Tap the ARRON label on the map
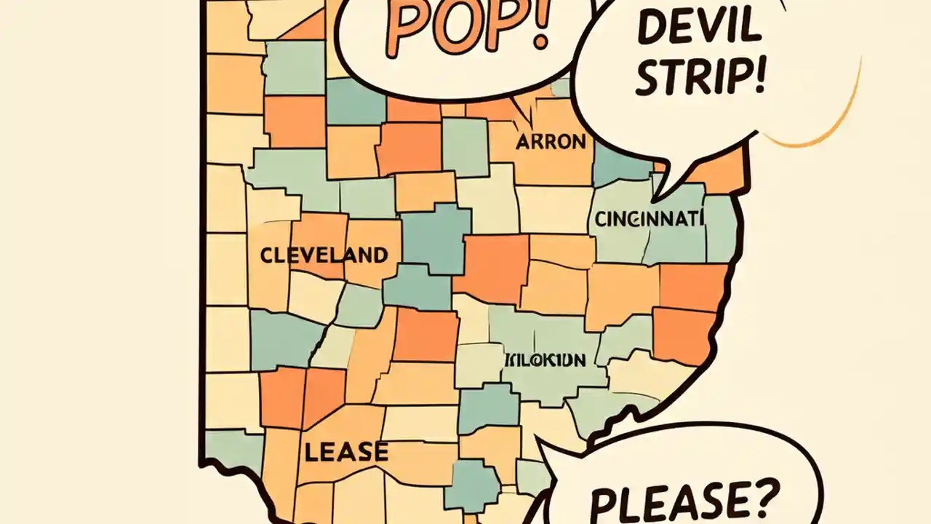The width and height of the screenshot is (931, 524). pos(551,141)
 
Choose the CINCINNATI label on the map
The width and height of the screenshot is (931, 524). pos(650,218)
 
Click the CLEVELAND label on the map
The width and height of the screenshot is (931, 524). pos(324,255)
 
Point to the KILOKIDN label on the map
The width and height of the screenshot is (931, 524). pos(545,360)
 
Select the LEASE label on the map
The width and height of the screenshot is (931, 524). pos(346,452)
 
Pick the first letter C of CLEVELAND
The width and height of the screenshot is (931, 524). pos(267,255)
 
